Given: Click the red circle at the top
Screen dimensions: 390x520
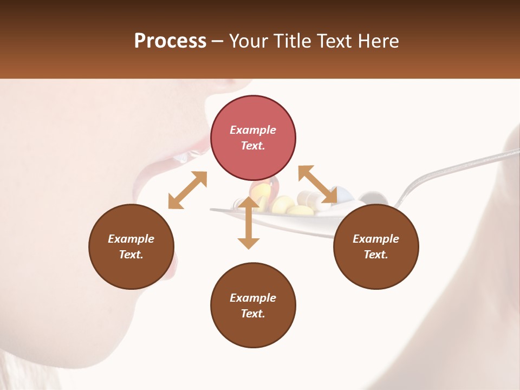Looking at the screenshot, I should pos(253,138).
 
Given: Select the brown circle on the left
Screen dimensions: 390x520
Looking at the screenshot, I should pos(131,246).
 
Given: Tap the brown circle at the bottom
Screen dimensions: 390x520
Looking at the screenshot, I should pos(253,305).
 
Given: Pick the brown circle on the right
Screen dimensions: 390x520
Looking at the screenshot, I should pos(376,246).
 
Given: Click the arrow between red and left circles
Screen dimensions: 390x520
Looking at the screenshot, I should pos(187,190).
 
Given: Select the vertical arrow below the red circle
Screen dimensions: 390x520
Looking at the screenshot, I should pos(249,223).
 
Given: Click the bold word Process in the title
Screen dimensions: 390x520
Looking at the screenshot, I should pos(170,41).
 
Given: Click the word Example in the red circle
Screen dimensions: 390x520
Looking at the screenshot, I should pos(253,130).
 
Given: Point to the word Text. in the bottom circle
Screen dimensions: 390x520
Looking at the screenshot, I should pos(253,314).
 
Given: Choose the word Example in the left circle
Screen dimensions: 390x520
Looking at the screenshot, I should pos(131,239).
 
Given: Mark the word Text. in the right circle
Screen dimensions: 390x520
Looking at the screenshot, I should pos(376,255).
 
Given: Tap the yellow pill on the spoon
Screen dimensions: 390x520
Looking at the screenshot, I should pos(283,204).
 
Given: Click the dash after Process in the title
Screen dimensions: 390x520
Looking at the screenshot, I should pos(218,41).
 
